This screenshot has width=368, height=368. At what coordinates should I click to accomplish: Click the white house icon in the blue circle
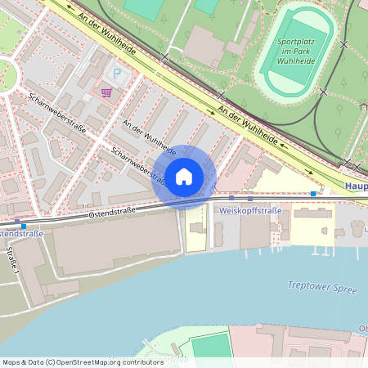click(184, 176)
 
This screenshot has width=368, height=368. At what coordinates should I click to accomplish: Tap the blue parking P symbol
click(116, 74)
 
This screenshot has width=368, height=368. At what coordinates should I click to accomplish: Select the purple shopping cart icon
click(105, 92)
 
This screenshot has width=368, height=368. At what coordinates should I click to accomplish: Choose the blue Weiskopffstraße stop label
click(251, 211)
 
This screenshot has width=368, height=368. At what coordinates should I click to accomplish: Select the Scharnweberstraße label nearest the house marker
click(141, 164)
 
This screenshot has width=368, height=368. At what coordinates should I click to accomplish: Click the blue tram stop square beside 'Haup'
click(313, 194)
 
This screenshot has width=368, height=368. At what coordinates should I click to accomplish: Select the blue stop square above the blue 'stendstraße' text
click(25, 226)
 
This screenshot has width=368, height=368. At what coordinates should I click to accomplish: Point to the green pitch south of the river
click(212, 347)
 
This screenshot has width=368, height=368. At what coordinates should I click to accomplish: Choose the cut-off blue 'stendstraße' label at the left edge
click(21, 234)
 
